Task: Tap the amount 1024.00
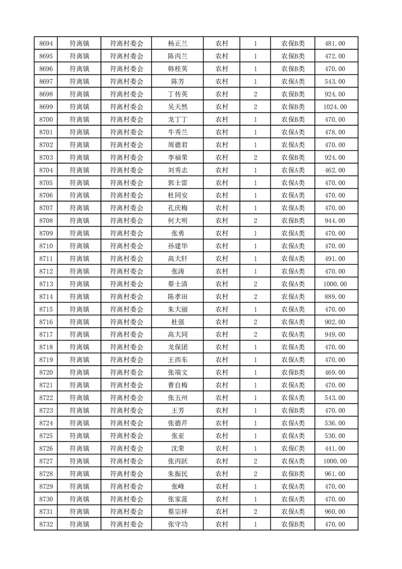point(335,107)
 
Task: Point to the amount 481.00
point(335,44)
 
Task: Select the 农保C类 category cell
point(293,448)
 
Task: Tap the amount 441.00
point(335,448)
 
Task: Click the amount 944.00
point(335,221)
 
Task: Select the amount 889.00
point(335,297)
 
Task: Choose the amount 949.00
point(335,335)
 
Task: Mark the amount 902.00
point(335,322)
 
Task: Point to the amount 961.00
point(335,474)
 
